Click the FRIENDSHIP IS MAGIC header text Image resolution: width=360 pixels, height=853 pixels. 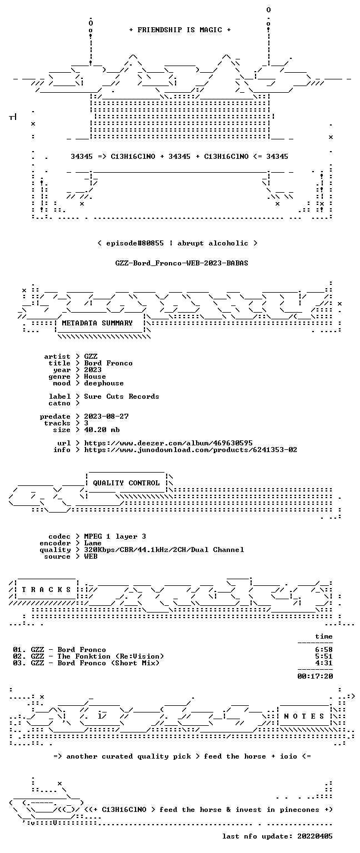point(180,29)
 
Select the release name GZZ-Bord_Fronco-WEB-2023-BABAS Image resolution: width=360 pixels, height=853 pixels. point(182,263)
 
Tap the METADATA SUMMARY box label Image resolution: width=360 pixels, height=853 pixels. point(97,323)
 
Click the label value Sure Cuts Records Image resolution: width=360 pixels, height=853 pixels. point(122,397)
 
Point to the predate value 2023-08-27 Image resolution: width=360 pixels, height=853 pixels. point(106,416)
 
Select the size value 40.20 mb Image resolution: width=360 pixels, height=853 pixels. point(102,429)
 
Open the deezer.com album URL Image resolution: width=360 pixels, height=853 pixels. point(168,443)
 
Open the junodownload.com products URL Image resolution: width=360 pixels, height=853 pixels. point(191,450)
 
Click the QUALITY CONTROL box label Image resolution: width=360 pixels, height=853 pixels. point(126,483)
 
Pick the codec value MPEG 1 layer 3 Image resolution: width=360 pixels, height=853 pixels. point(115,536)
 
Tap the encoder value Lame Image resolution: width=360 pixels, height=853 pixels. point(93,543)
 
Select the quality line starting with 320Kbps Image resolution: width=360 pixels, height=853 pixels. point(164,549)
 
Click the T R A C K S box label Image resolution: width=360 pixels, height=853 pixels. point(46,589)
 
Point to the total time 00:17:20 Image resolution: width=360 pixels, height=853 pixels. point(315,676)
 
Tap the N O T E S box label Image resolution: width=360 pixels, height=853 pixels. point(304,716)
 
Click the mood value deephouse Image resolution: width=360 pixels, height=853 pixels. point(104,383)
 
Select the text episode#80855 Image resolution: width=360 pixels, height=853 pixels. point(135,243)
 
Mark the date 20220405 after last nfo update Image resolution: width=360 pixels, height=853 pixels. point(315,836)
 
